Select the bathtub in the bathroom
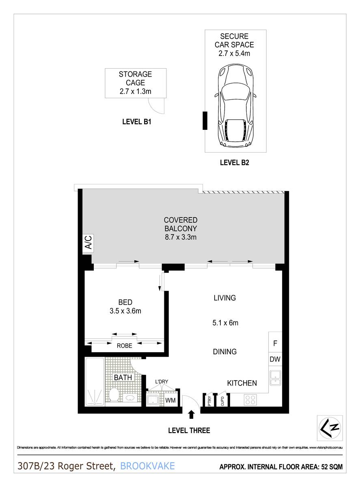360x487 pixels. (95, 381)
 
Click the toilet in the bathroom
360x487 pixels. (114, 394)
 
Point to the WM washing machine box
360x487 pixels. (170, 401)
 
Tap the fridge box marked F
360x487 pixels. (275, 343)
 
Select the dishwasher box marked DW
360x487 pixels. (275, 359)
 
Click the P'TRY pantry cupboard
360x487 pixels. (209, 401)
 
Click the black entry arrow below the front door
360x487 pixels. (192, 414)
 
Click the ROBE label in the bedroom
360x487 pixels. (125, 346)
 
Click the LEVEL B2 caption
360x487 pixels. (234, 163)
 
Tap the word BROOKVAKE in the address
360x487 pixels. (148, 466)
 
